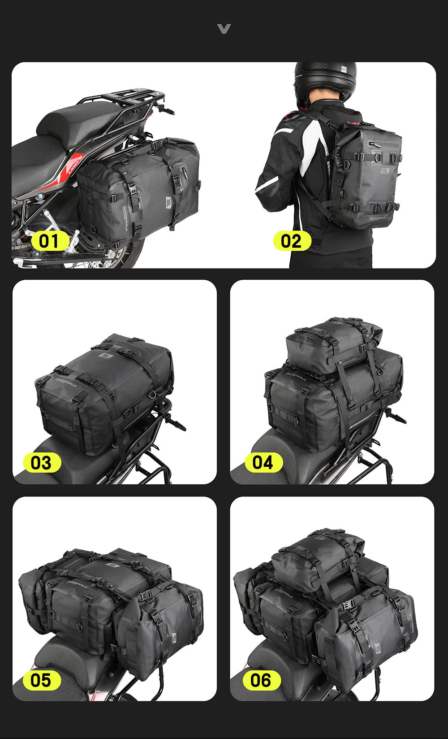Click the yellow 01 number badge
pyautogui.click(x=50, y=241)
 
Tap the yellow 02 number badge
pyautogui.click(x=292, y=241)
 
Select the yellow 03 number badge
pyautogui.click(x=42, y=463)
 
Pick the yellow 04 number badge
pyautogui.click(x=263, y=462)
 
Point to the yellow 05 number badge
pyautogui.click(x=42, y=680)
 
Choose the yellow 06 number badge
pyautogui.click(x=261, y=680)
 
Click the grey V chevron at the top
pyautogui.click(x=224, y=29)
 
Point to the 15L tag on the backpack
pyautogui.click(x=385, y=170)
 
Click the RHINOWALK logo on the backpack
pyautogui.click(x=378, y=218)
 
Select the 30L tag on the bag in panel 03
pyautogui.click(x=106, y=356)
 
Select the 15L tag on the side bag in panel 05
pyautogui.click(x=174, y=638)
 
